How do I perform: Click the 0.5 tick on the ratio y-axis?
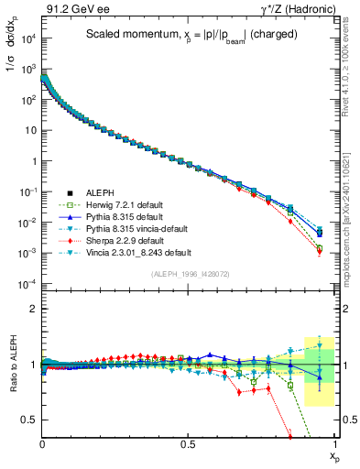(x=30, y=420)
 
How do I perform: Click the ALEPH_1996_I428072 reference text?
(x=188, y=274)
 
